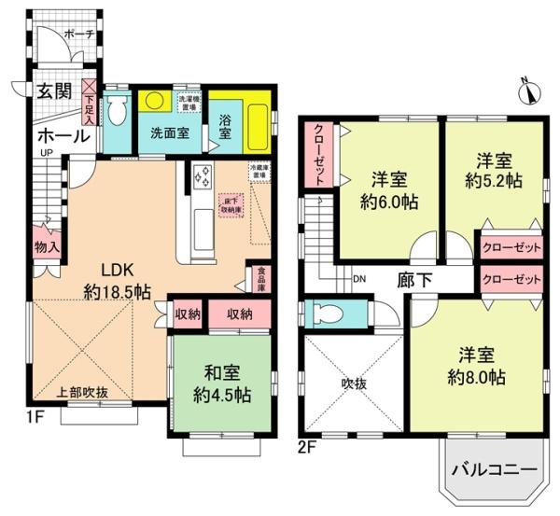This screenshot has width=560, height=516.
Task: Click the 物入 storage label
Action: (48, 247)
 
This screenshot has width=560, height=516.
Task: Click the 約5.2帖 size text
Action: (495, 182)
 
